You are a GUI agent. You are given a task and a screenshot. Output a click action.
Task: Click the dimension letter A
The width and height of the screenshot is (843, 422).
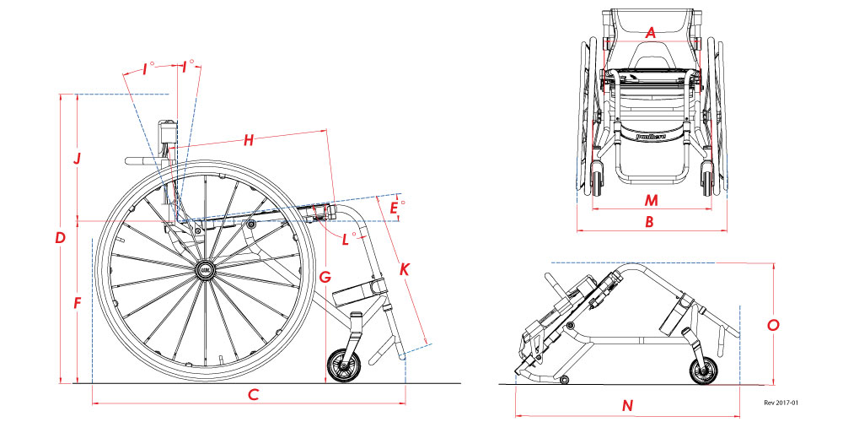650,32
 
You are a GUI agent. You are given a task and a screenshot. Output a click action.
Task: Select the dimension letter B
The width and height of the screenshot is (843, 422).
649,222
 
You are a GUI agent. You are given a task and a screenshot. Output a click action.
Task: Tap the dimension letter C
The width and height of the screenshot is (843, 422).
252,394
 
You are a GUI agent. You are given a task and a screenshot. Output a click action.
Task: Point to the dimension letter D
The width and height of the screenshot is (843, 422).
60,239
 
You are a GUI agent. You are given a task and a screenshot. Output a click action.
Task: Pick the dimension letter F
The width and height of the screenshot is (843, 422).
78,301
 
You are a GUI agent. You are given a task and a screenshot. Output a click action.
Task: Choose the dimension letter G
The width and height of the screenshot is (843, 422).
325,276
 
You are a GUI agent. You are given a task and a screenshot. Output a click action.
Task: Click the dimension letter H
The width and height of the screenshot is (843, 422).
248,141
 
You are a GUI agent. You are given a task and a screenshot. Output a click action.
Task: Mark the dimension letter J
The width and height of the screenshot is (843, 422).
77,158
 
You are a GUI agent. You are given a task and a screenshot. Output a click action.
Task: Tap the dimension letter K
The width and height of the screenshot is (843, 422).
405,270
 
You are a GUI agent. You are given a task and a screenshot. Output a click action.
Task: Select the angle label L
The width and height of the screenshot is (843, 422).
346,240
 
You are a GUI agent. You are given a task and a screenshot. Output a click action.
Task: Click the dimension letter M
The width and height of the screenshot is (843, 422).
650,200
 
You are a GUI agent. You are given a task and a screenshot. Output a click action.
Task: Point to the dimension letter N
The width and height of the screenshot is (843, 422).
627,405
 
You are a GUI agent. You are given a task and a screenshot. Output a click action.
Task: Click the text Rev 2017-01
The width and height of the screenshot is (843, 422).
781,403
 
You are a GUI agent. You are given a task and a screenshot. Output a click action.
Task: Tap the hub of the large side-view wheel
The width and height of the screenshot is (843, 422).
205,270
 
